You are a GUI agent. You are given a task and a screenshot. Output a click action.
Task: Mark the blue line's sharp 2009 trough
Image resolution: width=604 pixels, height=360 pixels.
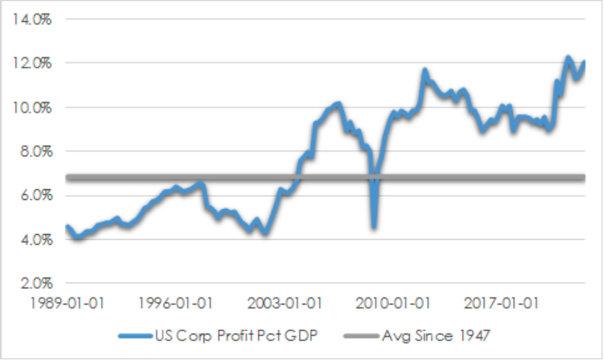coord(373,226)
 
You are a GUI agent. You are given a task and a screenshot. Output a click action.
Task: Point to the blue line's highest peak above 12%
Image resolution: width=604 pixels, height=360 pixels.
coord(568,58)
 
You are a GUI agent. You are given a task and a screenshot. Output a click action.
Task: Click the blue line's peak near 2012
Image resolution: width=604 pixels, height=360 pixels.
coord(425,70)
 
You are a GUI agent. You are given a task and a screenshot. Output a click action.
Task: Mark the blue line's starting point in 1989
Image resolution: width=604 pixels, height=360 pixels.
coord(67,227)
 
